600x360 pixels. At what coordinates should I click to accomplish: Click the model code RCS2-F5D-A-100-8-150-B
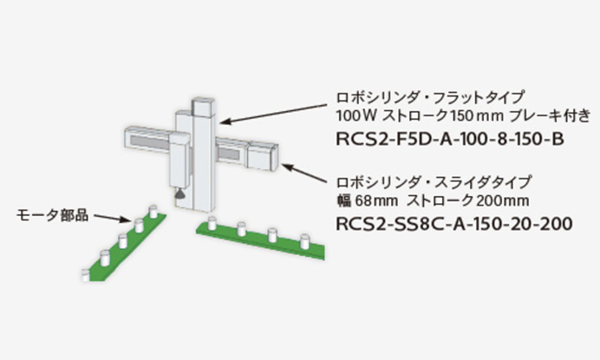click(x=443, y=137)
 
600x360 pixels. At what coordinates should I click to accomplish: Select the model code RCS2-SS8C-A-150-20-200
click(x=453, y=224)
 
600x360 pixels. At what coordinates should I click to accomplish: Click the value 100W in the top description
click(x=352, y=114)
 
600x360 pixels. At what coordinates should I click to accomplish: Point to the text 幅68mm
click(x=358, y=201)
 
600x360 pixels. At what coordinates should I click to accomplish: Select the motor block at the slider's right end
click(x=264, y=154)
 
